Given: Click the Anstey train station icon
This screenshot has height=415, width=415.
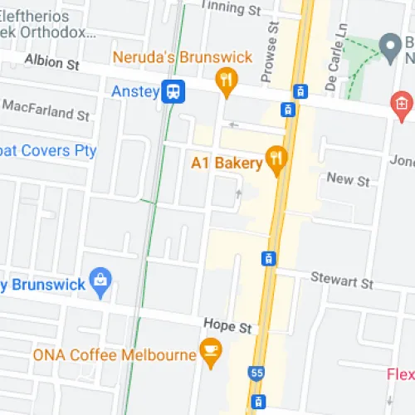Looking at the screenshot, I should point(173,91).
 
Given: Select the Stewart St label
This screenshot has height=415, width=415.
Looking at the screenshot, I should point(342,282).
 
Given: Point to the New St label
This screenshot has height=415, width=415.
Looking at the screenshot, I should point(349,180).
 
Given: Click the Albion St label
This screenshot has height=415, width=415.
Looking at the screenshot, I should point(51,61).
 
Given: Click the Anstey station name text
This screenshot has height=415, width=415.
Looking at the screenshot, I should point(134,91).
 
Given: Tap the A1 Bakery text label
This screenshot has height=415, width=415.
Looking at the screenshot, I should point(227,163).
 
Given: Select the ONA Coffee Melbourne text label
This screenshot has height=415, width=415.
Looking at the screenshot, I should point(115,355).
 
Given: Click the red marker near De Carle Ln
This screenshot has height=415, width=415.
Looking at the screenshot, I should point(401,104).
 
